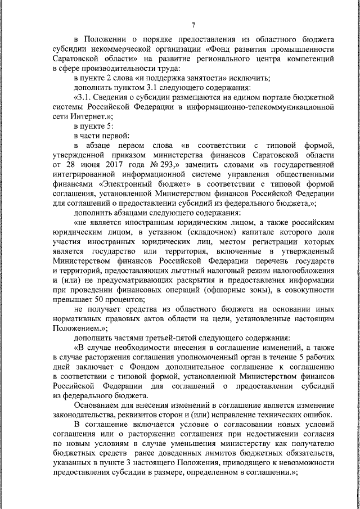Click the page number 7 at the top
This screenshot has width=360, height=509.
[x=193, y=25]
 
